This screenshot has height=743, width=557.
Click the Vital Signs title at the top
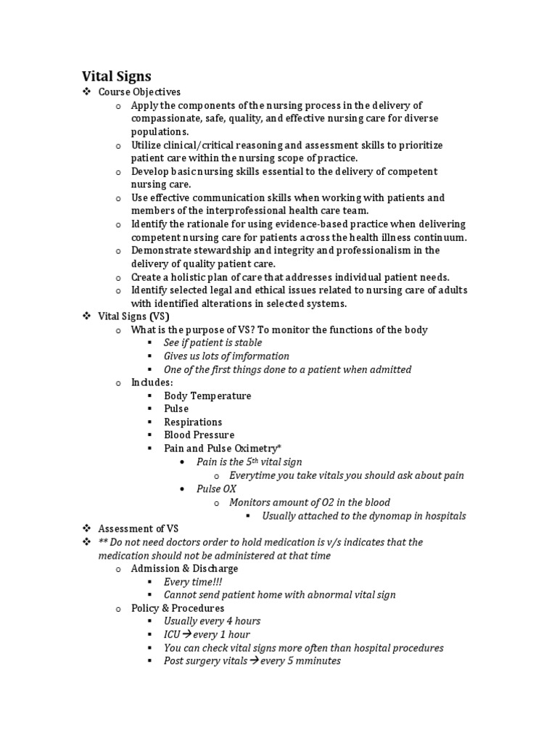115,75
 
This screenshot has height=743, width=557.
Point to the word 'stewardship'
218,250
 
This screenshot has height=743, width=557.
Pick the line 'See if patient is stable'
213,342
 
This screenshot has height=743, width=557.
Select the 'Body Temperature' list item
207,395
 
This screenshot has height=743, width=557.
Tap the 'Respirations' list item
193,422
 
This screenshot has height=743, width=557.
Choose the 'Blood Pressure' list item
199,435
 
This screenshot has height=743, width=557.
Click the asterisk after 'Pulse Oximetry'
278,448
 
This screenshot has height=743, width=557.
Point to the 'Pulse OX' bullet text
216,489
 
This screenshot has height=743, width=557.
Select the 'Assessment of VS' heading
138,529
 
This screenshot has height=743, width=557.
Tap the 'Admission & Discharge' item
174,569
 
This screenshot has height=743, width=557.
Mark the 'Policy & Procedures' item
178,608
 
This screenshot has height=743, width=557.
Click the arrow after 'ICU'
187,635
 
